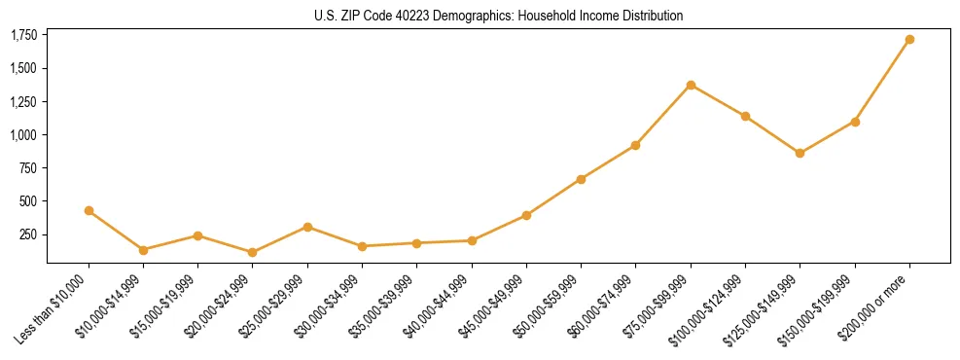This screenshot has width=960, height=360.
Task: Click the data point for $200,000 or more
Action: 909,40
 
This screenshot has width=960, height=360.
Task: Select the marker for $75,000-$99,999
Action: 691,85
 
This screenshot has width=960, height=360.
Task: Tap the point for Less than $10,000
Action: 89,210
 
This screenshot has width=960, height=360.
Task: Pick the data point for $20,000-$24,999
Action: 253,252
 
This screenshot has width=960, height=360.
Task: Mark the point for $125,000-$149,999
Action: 800,153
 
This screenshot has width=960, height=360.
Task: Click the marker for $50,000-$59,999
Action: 581,179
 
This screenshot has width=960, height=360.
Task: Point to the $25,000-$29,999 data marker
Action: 307,227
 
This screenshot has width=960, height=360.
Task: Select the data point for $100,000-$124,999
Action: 745,116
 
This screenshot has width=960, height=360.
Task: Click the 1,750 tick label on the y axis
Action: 23,36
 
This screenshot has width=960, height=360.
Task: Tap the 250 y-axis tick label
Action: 28,235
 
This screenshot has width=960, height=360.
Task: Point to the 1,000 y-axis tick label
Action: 23,135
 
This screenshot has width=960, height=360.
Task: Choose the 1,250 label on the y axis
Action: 23,102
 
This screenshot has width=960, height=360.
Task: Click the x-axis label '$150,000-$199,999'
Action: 821,307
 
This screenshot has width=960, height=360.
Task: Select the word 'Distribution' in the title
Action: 650,16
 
